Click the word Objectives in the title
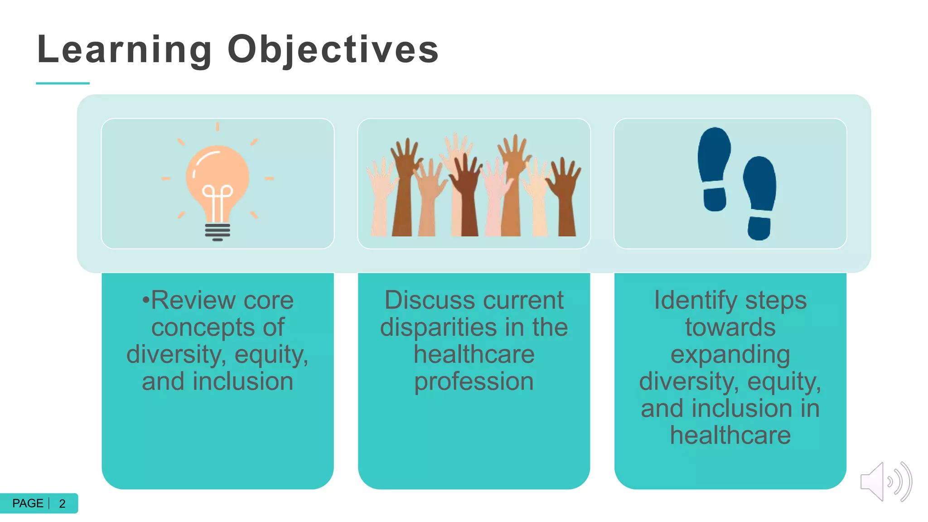333,50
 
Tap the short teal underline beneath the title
63,83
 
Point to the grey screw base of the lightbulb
217,232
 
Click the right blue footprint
760,197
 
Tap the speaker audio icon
885,482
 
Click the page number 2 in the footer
63,503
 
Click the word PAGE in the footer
28,503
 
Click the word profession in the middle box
474,382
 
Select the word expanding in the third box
730,355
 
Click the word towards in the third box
730,328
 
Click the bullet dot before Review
145,300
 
